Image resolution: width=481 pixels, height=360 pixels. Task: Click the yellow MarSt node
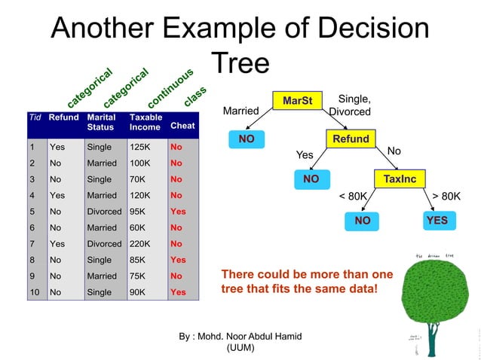coord(297,100)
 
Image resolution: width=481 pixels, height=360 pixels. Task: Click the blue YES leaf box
coord(437,220)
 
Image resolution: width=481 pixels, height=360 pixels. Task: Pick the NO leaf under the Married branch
coord(246,140)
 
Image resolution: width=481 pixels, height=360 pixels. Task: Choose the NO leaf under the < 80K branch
coord(363,221)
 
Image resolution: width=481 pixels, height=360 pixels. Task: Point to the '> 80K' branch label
coord(446,196)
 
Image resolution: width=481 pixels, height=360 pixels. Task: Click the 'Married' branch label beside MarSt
coord(241,111)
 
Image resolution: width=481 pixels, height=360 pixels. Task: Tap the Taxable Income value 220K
coord(139,243)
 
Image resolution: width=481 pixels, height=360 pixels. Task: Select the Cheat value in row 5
coord(178,211)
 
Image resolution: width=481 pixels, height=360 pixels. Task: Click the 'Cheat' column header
coord(182,126)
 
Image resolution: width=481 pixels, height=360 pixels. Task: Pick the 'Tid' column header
coord(34,117)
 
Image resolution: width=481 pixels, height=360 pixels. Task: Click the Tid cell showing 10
coord(34,291)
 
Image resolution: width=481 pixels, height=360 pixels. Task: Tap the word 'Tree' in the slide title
coord(240,63)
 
